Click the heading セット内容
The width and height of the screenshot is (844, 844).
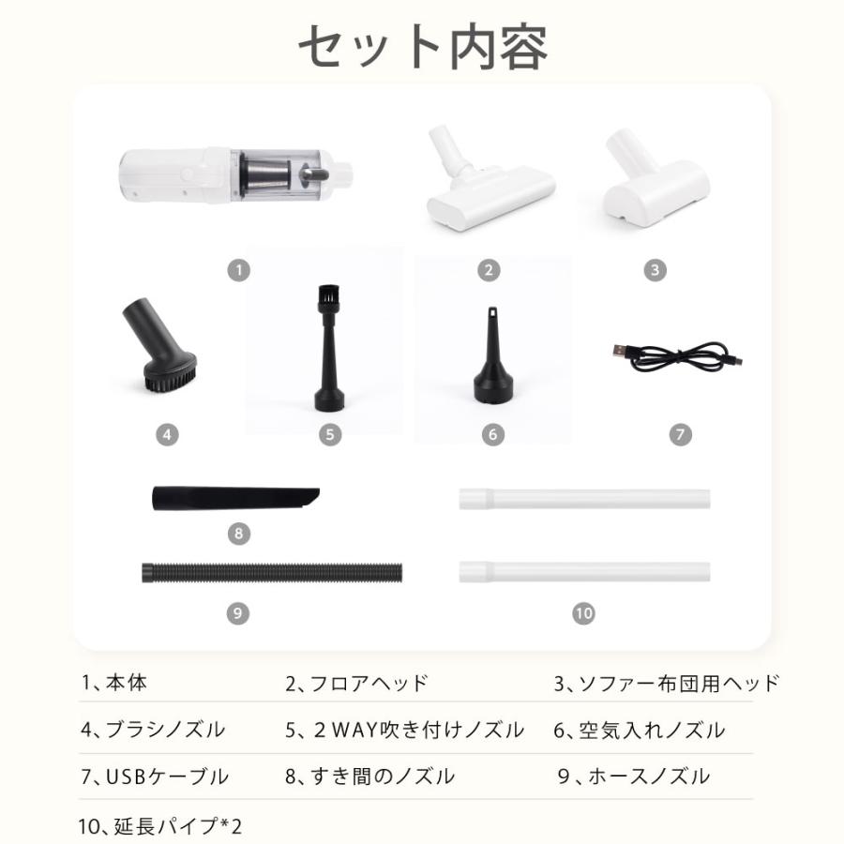422,45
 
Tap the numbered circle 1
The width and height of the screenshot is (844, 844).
239,271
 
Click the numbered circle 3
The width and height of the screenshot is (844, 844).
656,271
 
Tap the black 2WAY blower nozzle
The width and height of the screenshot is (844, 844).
329,357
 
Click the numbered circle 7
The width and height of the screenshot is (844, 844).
682,434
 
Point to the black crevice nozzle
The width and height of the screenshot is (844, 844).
235,498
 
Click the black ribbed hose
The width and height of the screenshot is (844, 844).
272,570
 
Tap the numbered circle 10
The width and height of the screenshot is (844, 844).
583,613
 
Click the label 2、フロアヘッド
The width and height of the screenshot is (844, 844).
356,683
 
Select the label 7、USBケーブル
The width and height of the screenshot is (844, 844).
155,776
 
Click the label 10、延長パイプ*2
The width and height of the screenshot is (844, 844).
161,826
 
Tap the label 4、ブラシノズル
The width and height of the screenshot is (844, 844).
152,730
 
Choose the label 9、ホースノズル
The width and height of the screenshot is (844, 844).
634,776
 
